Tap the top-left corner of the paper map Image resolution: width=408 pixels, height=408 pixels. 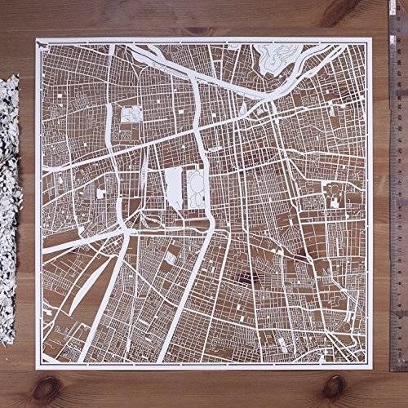[37, 37]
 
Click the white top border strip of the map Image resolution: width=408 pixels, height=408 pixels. [204, 38]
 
